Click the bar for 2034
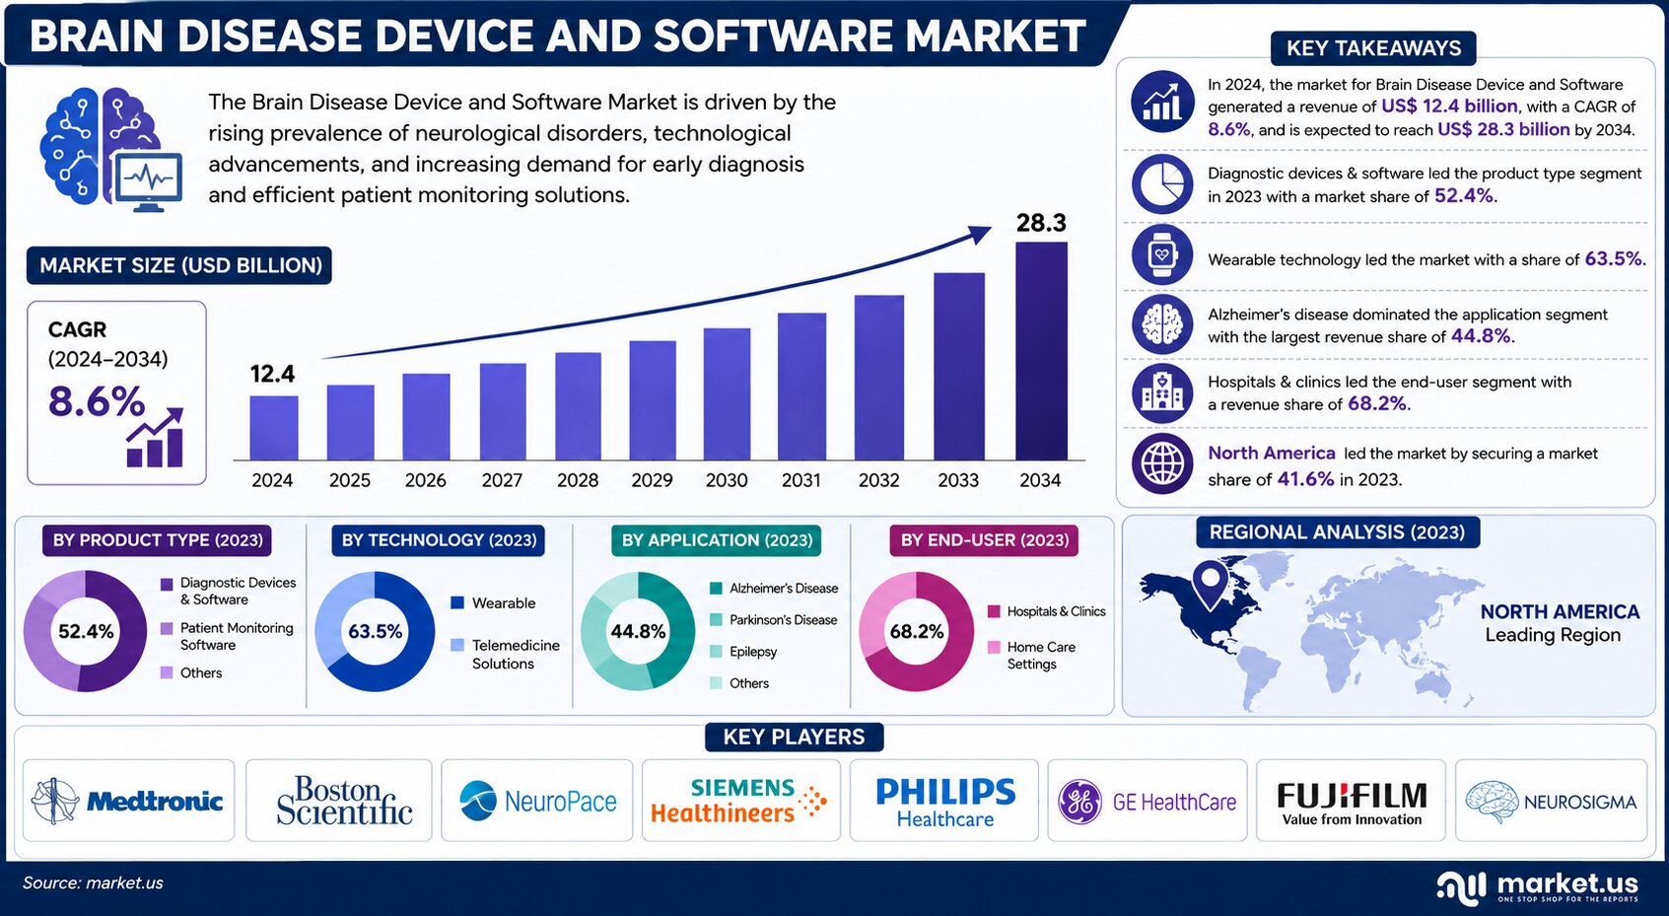[x=1041, y=351]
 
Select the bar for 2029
[x=653, y=400]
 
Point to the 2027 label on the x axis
[x=502, y=480]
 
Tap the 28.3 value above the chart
[x=1041, y=222]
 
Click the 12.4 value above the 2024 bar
[x=273, y=374]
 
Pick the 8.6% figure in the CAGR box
[x=97, y=401]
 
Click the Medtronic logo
[x=127, y=802]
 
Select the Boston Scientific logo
[x=343, y=801]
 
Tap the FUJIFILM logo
[x=1352, y=803]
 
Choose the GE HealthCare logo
[x=1147, y=802]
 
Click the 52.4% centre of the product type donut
[x=86, y=632]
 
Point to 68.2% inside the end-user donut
[x=917, y=632]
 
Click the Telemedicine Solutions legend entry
[x=505, y=655]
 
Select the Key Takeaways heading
[x=1373, y=48]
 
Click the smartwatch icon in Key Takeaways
[x=1161, y=254]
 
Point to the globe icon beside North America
[x=1161, y=463]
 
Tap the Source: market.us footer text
[x=93, y=883]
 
